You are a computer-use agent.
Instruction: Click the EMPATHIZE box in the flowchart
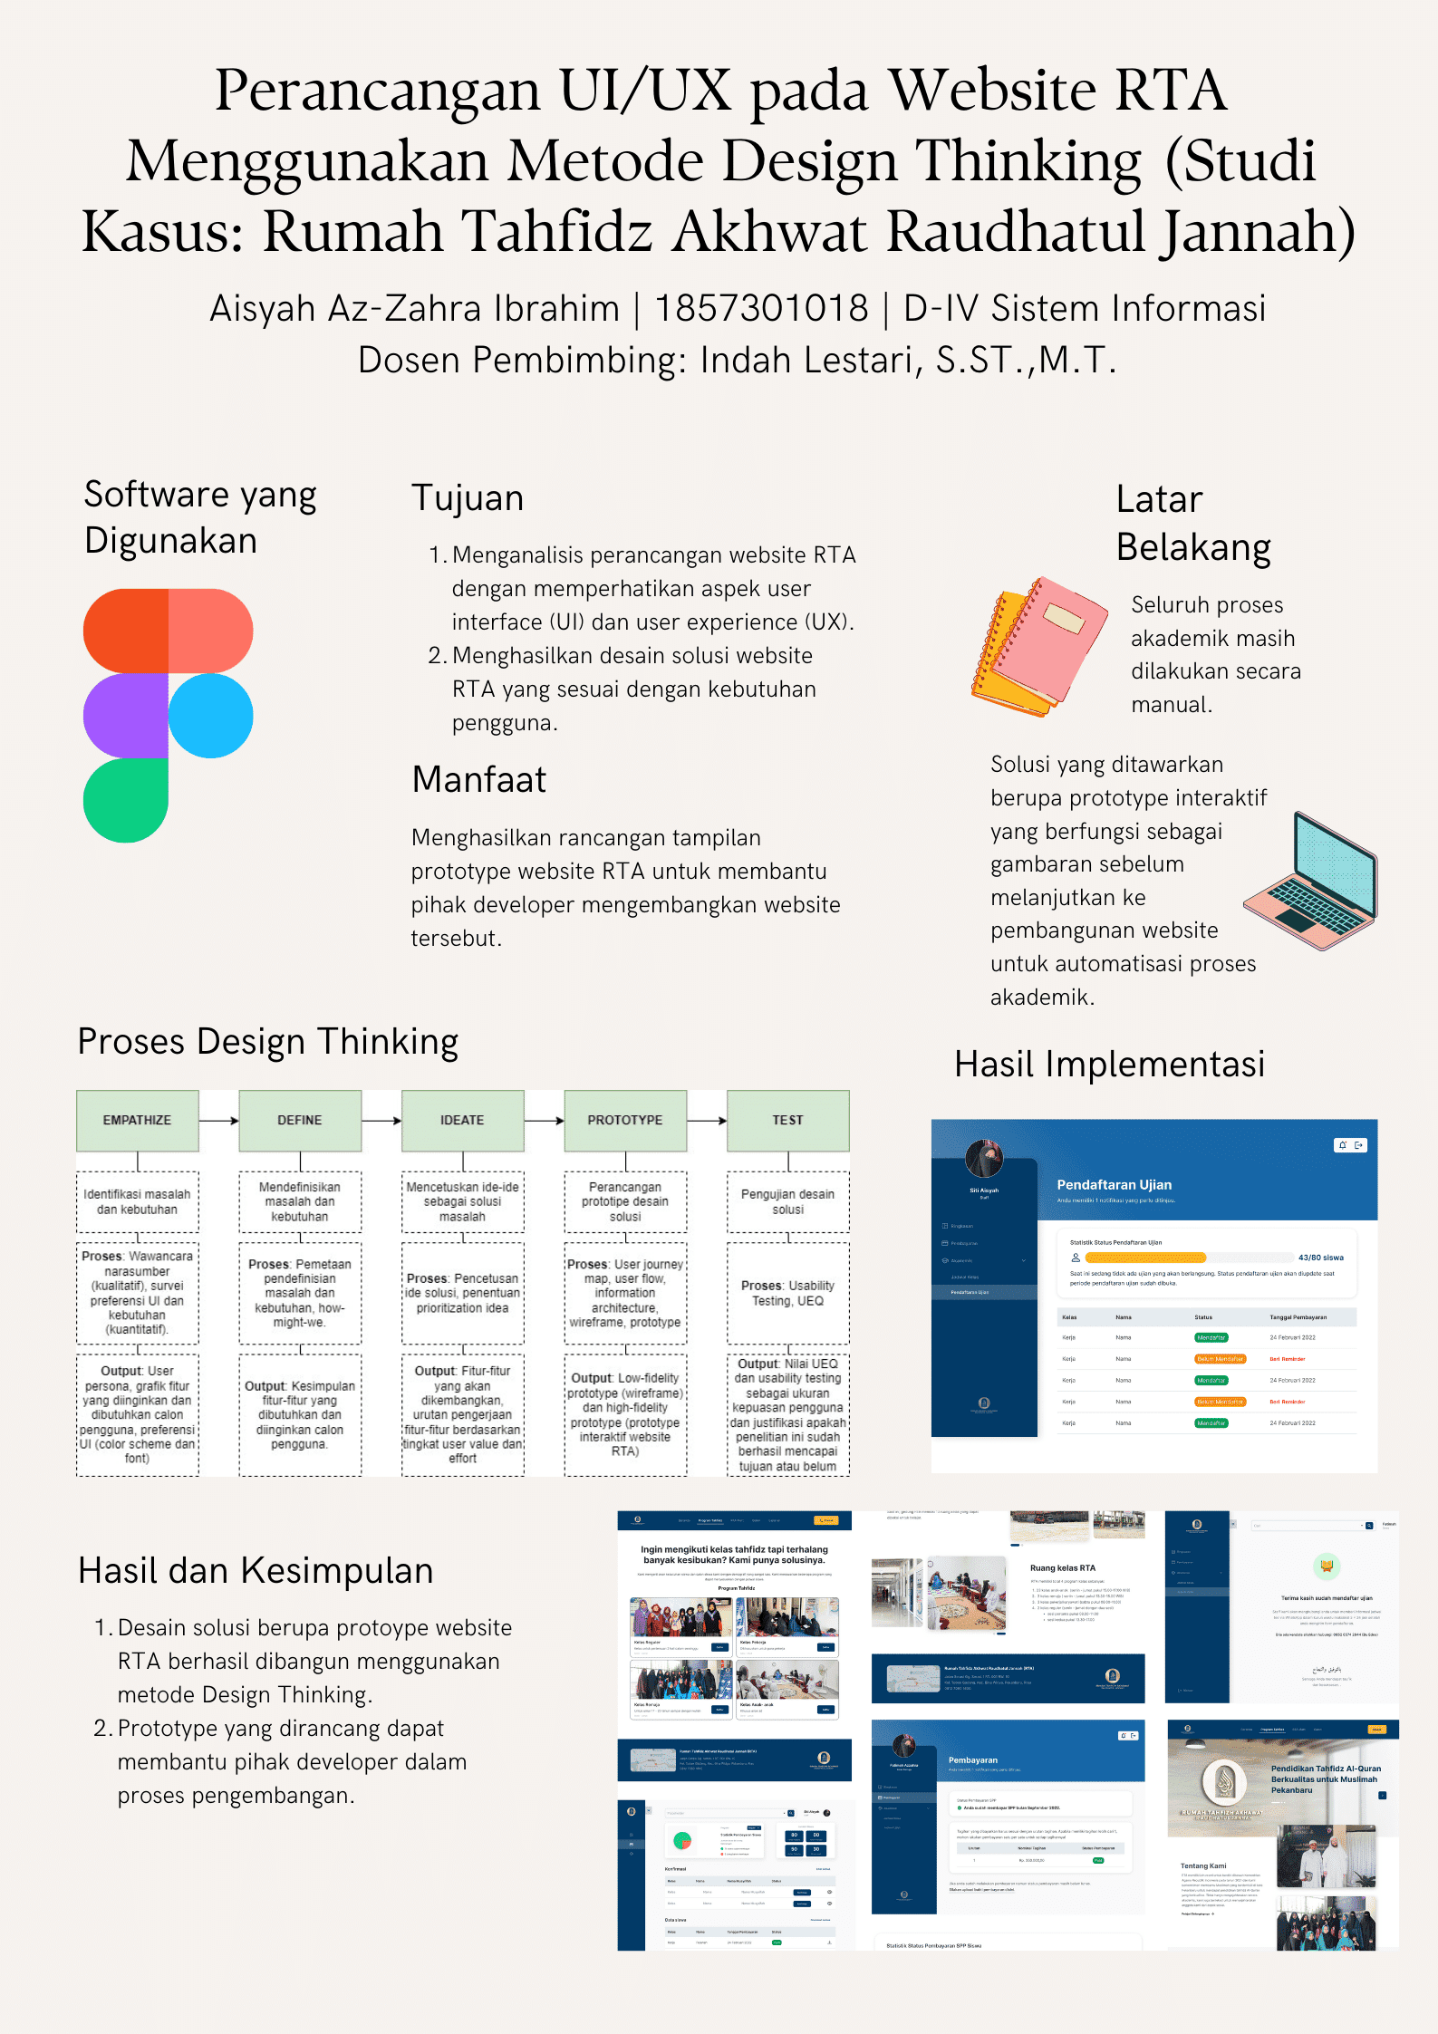(x=137, y=1121)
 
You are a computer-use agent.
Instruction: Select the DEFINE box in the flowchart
(x=300, y=1121)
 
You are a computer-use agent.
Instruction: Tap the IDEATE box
(x=462, y=1121)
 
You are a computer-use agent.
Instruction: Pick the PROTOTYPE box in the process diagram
(x=625, y=1121)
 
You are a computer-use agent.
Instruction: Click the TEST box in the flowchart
(x=787, y=1121)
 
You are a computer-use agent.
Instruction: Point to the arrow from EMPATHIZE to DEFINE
(x=218, y=1121)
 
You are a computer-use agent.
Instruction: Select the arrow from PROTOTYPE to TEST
(x=707, y=1121)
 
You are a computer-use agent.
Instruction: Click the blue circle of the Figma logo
(x=210, y=716)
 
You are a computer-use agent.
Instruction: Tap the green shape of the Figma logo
(x=126, y=800)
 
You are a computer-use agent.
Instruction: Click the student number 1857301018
(x=761, y=309)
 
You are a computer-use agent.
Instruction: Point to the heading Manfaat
(x=478, y=780)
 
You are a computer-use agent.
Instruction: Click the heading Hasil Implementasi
(x=1109, y=1065)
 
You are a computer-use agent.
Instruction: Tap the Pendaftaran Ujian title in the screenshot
(x=1114, y=1185)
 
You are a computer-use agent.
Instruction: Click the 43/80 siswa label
(x=1320, y=1258)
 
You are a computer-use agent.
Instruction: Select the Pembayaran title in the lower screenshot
(x=972, y=1760)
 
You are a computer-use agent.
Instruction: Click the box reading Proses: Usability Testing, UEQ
(x=787, y=1293)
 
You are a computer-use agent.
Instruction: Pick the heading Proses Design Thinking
(x=268, y=1042)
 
